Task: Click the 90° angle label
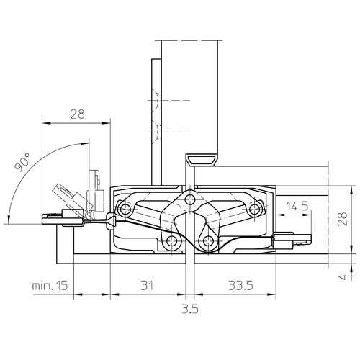pyautogui.click(x=22, y=162)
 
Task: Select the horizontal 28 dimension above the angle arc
pyautogui.click(x=78, y=114)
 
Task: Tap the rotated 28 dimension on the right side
pyautogui.click(x=343, y=219)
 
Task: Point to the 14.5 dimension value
pyautogui.click(x=297, y=206)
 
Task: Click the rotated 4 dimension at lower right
pyautogui.click(x=343, y=276)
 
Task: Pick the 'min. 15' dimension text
pyautogui.click(x=50, y=286)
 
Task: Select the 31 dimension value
pyautogui.click(x=147, y=286)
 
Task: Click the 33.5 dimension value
pyautogui.click(x=240, y=286)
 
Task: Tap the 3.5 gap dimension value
pyautogui.click(x=190, y=309)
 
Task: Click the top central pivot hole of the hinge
pyautogui.click(x=190, y=199)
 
